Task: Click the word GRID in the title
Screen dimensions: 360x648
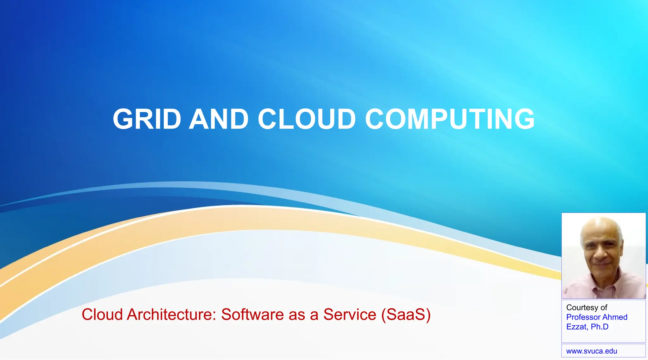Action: tap(147, 119)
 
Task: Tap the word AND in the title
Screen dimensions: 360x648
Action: tap(219, 119)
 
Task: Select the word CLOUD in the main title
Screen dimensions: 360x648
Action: tap(307, 119)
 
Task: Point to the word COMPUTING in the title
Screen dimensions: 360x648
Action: tap(450, 119)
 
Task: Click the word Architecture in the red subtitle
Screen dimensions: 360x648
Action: tap(171, 315)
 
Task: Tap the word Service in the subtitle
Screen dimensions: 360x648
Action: tap(350, 315)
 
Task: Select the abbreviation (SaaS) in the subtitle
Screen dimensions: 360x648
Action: tap(406, 315)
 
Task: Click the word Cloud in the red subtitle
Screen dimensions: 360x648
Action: tap(102, 315)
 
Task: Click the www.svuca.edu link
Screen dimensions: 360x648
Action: tap(591, 351)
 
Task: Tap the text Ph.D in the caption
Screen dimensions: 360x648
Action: tap(600, 327)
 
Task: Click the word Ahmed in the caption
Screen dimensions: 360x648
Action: tap(615, 317)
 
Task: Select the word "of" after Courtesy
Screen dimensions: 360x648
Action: tap(604, 308)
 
